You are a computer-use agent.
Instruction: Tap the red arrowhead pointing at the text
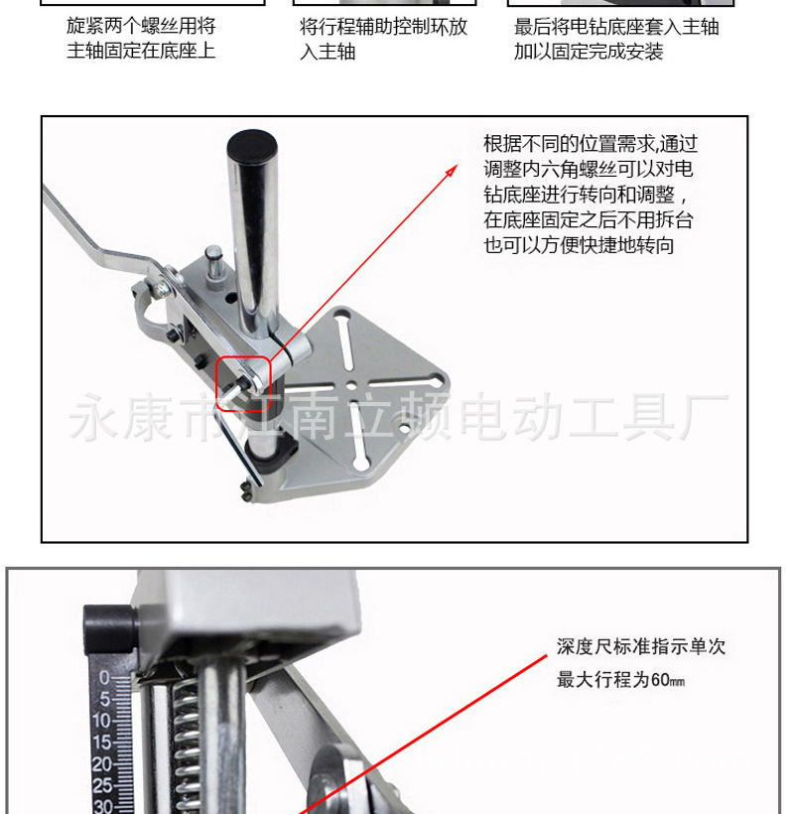point(452,171)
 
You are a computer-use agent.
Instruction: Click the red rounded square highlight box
point(243,383)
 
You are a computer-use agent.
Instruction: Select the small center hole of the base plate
point(352,385)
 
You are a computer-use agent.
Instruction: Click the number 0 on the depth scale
point(104,678)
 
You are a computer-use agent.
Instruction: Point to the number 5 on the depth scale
point(105,699)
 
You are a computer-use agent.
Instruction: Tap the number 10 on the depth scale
point(101,721)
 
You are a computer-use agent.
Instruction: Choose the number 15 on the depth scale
point(101,743)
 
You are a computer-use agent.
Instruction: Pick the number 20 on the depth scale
point(101,764)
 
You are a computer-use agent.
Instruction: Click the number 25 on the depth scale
point(102,785)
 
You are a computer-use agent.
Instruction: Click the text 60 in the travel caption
point(660,680)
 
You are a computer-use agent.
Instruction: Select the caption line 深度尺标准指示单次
point(641,647)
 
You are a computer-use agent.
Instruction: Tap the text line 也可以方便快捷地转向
point(579,245)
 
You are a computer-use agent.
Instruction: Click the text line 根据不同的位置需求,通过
point(591,144)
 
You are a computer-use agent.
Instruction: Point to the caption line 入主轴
point(328,52)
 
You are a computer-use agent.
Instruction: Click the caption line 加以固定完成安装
point(589,52)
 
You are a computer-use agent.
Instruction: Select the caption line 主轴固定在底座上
point(141,51)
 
